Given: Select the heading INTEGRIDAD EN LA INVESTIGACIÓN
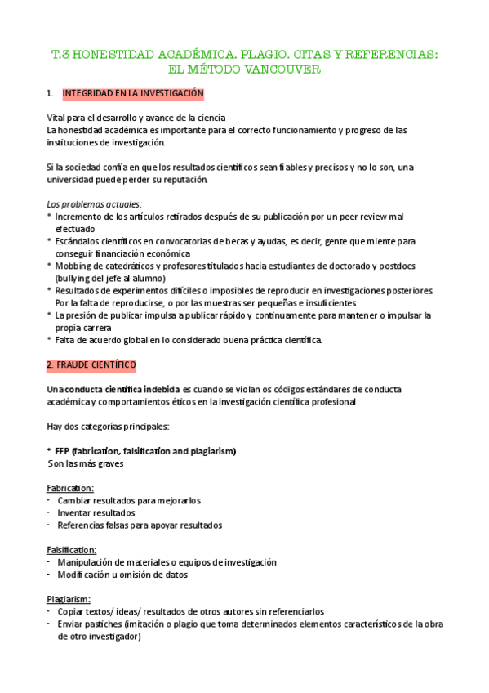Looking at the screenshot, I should pos(133,94).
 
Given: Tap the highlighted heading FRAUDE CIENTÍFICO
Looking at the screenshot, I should pos(91,363).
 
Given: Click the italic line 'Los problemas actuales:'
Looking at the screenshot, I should pos(95,203).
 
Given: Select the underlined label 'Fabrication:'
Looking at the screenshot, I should pos(70,488).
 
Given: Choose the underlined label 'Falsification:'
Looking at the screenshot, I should pos(72,550).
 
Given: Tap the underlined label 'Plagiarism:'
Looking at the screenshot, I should pos(69,599).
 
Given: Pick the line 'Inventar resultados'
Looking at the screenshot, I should pos(96,512).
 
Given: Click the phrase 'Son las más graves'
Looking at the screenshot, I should pos(86,463).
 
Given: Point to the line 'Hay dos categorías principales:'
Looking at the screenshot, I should pos(108,426).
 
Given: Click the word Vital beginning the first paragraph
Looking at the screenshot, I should pos(57,118).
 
